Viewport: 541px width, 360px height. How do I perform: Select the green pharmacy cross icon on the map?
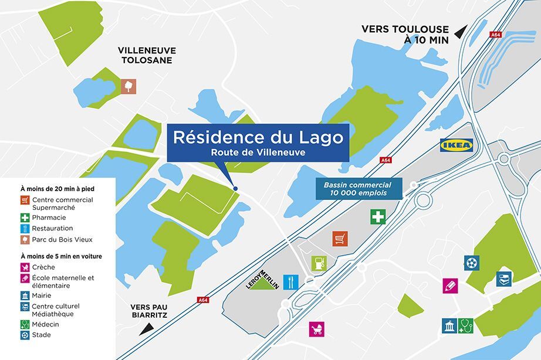(x=378, y=217)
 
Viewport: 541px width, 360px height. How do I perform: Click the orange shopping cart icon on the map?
(x=340, y=239)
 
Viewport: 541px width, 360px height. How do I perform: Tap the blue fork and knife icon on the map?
(x=290, y=281)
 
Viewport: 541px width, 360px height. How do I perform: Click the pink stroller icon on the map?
(x=317, y=328)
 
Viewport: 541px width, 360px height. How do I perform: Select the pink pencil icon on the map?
(x=450, y=286)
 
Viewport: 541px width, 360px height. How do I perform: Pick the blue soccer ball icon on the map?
(x=471, y=263)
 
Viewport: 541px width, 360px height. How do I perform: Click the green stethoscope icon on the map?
(x=465, y=325)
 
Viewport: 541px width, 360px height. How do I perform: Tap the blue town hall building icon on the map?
(x=449, y=325)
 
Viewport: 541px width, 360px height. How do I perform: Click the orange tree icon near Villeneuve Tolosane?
(x=129, y=86)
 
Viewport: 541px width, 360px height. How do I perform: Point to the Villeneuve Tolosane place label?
(x=147, y=55)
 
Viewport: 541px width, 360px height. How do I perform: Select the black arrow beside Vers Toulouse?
(x=462, y=31)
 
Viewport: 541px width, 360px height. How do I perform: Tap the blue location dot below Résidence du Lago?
(x=235, y=188)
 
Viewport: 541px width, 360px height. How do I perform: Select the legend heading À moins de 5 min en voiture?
(x=61, y=256)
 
